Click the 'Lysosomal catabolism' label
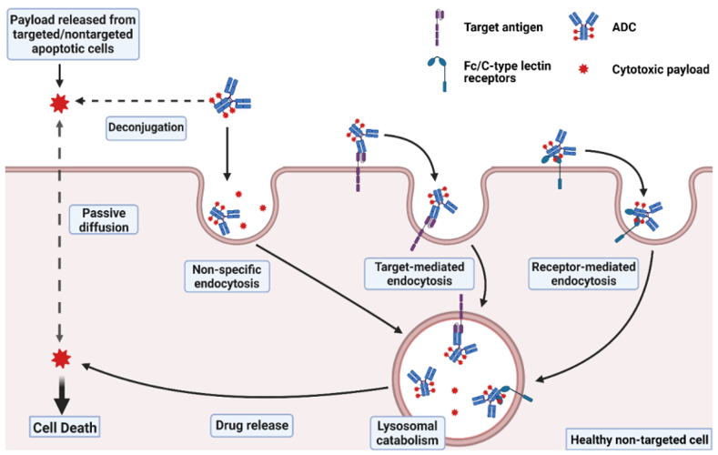(x=408, y=433)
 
